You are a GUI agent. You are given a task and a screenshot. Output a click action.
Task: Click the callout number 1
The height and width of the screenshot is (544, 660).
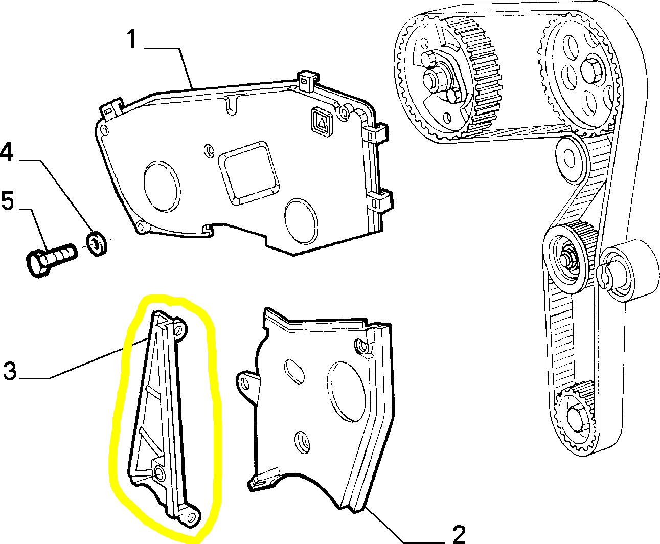tap(132, 39)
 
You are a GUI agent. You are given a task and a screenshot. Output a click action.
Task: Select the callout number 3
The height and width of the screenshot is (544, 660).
tap(11, 371)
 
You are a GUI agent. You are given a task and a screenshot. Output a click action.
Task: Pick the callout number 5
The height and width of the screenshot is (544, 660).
tap(8, 200)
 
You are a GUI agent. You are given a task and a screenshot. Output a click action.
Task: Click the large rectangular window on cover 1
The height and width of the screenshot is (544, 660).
tap(249, 173)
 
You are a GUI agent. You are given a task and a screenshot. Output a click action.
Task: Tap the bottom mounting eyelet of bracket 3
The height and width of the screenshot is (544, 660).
tap(192, 517)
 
